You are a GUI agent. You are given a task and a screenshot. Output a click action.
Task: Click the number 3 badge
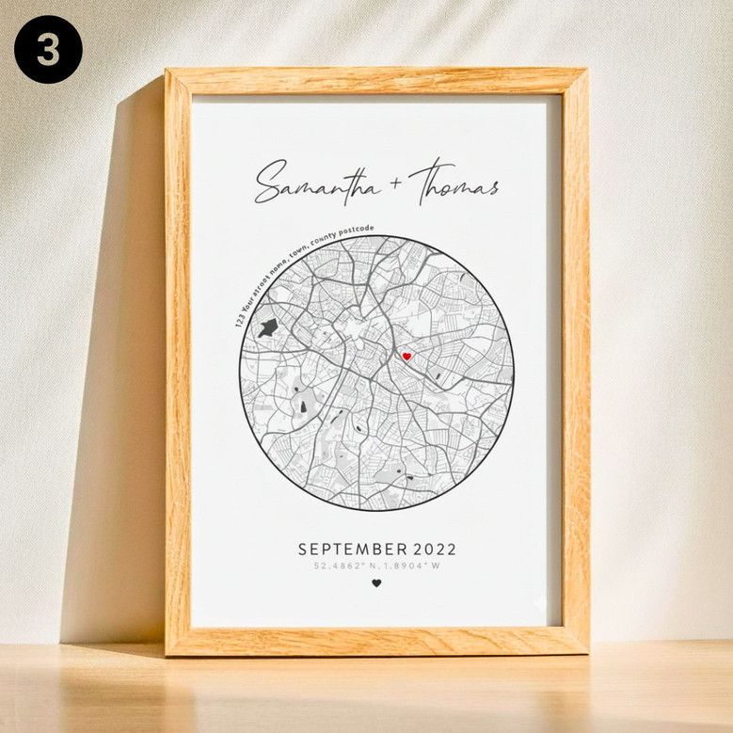click(48, 49)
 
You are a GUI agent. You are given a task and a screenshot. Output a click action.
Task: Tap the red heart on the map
click(406, 357)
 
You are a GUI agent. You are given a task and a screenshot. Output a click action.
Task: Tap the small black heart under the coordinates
click(376, 583)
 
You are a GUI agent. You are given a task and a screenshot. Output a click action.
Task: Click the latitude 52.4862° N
click(343, 566)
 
